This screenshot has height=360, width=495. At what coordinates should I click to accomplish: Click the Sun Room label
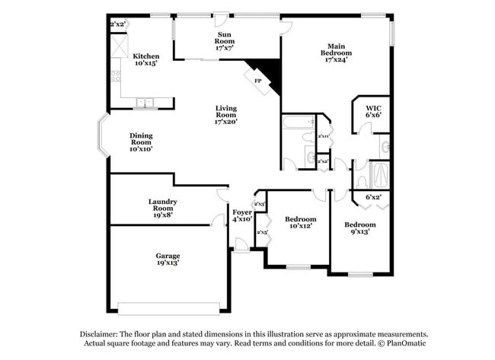(225, 40)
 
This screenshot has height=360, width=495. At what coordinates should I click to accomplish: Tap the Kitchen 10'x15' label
(146, 60)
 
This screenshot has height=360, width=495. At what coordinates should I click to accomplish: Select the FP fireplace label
(257, 81)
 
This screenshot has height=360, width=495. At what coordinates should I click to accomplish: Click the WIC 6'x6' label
(373, 111)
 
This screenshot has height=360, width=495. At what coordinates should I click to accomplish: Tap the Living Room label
(226, 114)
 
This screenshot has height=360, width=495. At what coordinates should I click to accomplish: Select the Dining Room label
(141, 142)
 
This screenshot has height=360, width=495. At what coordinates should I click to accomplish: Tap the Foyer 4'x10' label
(242, 215)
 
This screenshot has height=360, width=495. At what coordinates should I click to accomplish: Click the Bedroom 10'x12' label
(300, 222)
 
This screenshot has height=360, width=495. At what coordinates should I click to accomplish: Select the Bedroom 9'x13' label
(359, 228)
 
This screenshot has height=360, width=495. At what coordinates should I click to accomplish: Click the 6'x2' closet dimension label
(373, 197)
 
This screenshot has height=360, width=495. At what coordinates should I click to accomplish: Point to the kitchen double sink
(145, 103)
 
